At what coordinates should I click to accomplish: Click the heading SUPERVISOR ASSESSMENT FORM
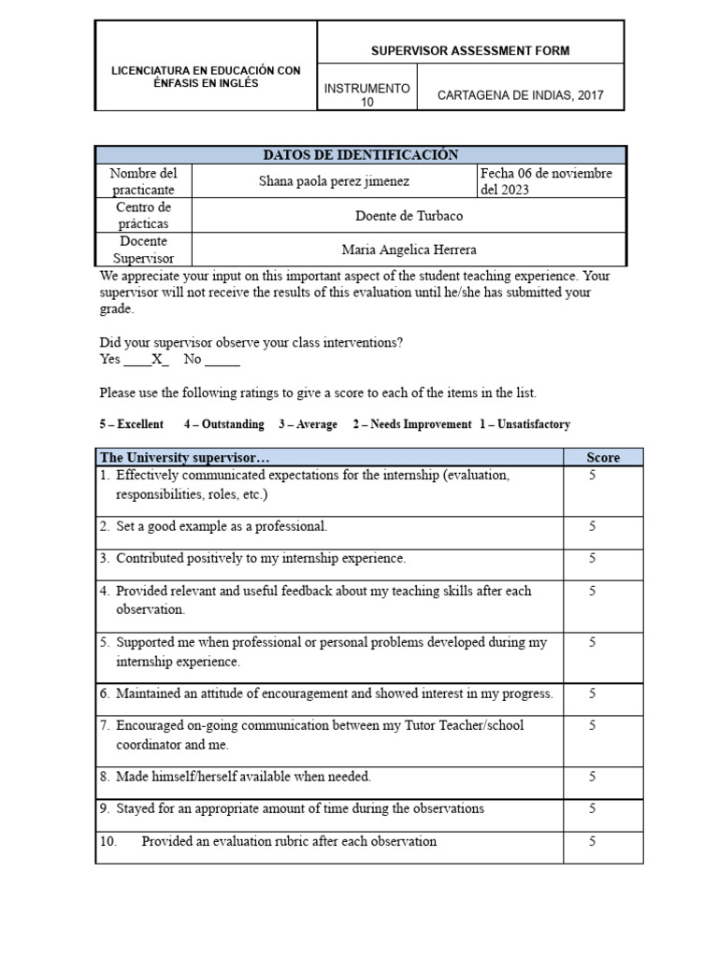tap(470, 50)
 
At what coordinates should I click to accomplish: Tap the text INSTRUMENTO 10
tap(366, 95)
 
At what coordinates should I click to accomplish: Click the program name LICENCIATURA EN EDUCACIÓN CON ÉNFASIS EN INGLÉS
tap(207, 77)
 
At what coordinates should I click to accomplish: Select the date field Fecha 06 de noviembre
tap(546, 174)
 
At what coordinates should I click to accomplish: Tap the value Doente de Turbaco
tap(409, 215)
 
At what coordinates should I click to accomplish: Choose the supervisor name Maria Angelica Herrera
tap(409, 250)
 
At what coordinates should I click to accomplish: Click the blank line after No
tap(222, 360)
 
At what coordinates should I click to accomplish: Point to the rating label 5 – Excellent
tap(132, 424)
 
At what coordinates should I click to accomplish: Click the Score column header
tap(602, 457)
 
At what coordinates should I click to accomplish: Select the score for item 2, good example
tap(592, 526)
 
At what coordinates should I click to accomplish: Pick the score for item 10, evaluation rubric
tap(592, 841)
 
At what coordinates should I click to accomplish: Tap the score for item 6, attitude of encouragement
tap(592, 693)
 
